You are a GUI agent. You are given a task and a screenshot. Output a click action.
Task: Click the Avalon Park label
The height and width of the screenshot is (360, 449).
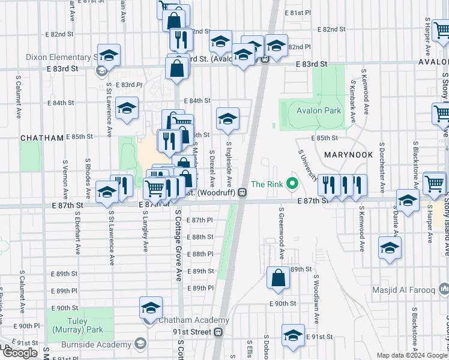pos(318,110)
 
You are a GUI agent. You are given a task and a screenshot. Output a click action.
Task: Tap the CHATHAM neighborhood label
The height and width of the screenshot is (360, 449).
pos(42,137)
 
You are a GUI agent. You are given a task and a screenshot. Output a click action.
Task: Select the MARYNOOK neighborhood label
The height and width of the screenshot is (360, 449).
pos(349,154)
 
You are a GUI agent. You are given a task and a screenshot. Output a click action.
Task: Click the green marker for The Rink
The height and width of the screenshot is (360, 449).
pos(293,184)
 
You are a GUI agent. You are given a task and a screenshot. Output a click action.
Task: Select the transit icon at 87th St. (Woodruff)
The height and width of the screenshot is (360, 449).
pos(243,193)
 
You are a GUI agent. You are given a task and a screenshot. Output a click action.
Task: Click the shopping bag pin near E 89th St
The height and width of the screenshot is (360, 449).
pos(278,278)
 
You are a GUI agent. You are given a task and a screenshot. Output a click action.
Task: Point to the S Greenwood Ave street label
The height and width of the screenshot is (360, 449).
pos(280,235)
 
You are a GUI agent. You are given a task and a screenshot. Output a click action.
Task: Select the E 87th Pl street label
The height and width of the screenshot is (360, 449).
pos(200,220)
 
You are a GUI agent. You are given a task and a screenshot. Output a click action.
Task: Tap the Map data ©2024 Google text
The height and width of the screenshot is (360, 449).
pos(411,355)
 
